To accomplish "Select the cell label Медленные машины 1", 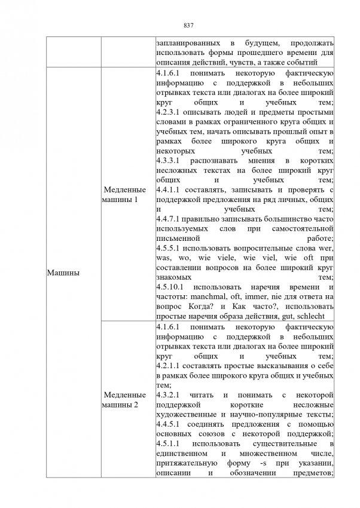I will tap(124, 194).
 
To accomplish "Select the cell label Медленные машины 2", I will tap(124, 400).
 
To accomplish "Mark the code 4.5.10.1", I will tap(169, 287).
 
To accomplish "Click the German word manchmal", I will tap(209, 296).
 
